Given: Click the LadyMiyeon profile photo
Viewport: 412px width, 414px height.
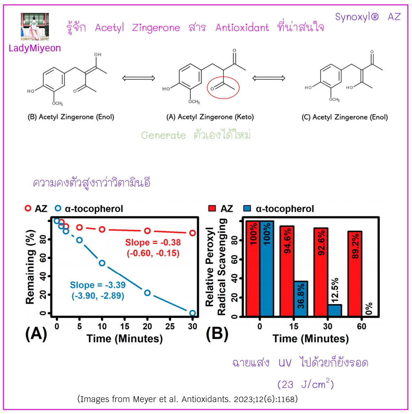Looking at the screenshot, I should [x=35, y=27].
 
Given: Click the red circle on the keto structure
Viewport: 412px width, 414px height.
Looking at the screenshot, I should [x=223, y=88].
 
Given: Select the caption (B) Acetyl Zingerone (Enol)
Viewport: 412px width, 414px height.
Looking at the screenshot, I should [x=71, y=117].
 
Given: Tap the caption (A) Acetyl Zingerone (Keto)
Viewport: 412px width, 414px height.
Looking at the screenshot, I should [x=210, y=117].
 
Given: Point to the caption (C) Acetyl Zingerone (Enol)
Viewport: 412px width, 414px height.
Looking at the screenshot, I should [x=344, y=117].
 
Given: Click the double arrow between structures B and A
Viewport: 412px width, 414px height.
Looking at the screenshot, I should [x=138, y=78].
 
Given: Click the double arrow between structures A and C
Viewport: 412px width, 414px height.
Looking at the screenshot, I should [x=269, y=78].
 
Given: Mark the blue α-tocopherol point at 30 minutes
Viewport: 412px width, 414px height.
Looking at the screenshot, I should [x=193, y=313].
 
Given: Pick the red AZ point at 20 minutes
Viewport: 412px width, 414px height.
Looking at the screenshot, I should [x=147, y=231].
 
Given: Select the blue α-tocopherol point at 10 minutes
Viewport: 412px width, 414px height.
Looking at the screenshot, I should [x=102, y=263].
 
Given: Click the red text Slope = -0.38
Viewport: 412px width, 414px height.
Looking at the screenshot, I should [x=153, y=243].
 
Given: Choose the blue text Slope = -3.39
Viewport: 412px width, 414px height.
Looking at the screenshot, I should [x=98, y=285].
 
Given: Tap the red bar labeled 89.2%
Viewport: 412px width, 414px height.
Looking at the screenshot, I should [x=355, y=273].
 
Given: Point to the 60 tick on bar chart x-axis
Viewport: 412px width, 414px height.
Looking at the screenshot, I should [x=361, y=326].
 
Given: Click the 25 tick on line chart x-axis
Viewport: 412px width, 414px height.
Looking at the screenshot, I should [x=170, y=326].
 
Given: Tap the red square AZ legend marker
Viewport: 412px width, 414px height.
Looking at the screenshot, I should [x=212, y=208].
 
